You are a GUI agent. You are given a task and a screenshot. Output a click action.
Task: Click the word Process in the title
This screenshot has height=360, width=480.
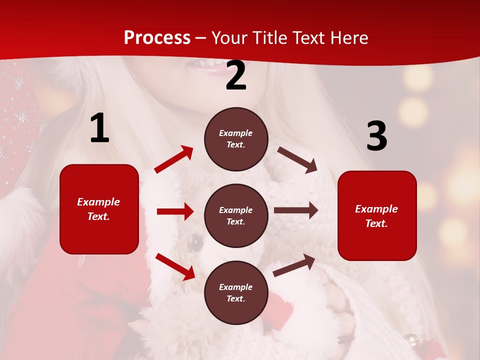157,38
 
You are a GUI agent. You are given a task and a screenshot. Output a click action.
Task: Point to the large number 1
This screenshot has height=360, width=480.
99,128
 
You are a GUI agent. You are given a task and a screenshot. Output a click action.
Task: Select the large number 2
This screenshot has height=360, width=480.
236,76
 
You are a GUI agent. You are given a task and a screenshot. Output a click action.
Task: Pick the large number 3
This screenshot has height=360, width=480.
376,136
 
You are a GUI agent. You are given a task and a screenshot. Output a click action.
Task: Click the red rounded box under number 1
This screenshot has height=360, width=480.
99,209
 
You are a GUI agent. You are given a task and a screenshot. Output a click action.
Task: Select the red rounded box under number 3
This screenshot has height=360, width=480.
377,215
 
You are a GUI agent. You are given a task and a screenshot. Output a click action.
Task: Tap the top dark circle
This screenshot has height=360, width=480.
236,139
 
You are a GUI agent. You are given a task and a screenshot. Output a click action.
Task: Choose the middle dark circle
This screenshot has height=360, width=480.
236,215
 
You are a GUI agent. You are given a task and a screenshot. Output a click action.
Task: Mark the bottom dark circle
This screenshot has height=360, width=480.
236,292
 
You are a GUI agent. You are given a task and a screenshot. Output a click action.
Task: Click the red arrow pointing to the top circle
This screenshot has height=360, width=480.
174,159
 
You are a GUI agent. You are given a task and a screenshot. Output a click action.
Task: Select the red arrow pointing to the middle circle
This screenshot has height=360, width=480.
175,211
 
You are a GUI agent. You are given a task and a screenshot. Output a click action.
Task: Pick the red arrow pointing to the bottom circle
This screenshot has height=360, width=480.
175,266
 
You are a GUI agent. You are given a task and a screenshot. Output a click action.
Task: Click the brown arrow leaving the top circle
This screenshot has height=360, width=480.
297,160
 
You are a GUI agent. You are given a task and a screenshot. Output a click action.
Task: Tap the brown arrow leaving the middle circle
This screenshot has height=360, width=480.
296,210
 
